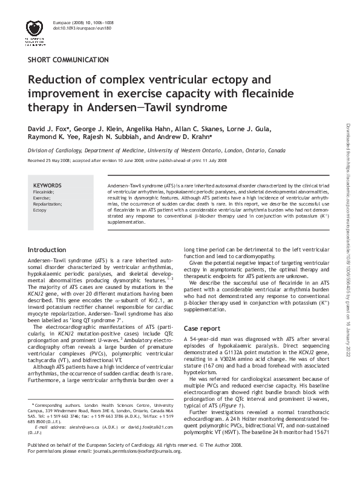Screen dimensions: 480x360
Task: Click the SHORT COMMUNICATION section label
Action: coord(68,60)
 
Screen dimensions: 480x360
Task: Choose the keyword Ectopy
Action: coord(39,210)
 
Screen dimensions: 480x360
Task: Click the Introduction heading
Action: coord(47,250)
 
